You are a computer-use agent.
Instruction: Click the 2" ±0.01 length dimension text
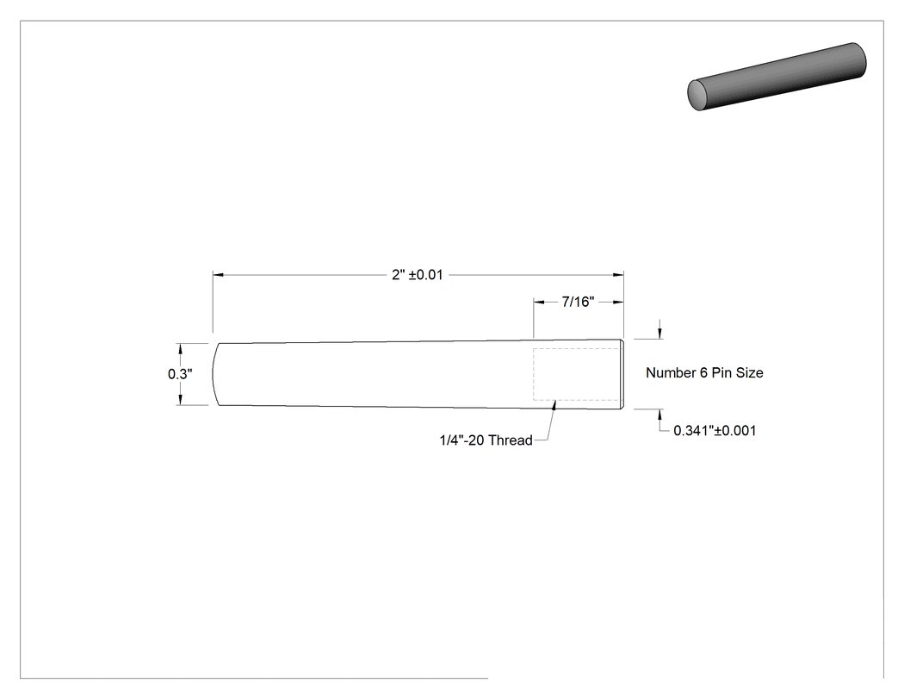coord(418,275)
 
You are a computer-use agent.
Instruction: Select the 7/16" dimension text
coord(578,302)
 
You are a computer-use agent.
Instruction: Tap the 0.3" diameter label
coord(180,374)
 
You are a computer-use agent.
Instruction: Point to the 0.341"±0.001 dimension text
coord(715,431)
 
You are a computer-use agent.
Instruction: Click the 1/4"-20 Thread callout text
coord(486,440)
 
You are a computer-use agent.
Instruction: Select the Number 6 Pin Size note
coord(704,373)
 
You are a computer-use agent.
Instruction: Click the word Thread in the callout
coord(510,440)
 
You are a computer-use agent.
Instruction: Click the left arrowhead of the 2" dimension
coord(218,275)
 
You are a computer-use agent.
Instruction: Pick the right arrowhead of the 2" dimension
coord(618,275)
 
